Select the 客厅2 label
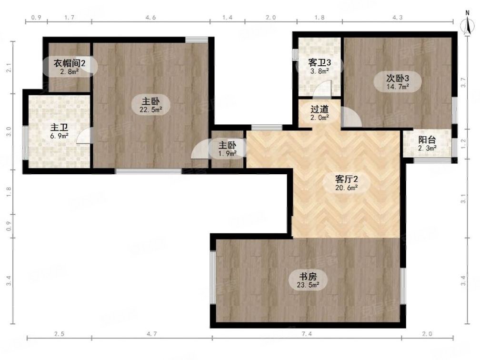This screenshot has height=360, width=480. click(346, 179)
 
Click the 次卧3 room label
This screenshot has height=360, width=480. click(398, 78)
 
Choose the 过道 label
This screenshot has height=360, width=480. click(320, 110)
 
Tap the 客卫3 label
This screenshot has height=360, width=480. click(320, 62)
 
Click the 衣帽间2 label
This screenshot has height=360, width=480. click(69, 63)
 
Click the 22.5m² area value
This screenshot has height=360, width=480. click(150, 110)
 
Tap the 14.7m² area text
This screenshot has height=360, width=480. click(398, 87)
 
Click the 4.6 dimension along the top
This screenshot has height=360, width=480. click(150, 18)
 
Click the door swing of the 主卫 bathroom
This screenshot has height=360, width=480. click(85, 136)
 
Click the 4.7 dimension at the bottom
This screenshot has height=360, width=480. click(151, 334)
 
